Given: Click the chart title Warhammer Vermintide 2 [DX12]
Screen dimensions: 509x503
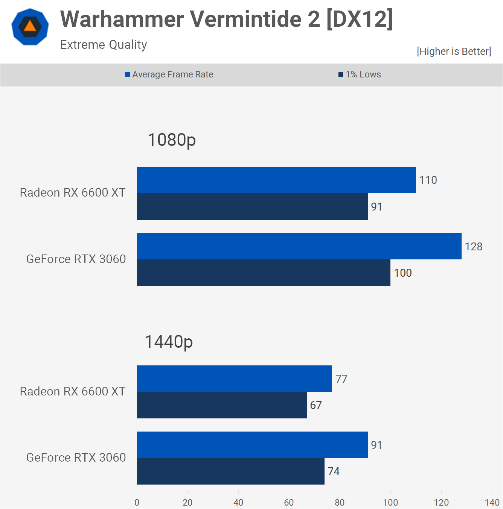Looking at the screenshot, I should [x=226, y=19].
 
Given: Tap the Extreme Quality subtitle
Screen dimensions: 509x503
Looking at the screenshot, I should [x=104, y=45].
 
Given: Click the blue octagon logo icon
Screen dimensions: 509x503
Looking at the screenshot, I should [x=30, y=27].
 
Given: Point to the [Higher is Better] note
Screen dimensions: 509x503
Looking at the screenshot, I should [x=454, y=52].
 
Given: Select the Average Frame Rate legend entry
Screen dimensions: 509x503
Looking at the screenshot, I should [x=169, y=74].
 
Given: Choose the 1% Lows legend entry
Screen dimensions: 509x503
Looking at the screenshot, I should [x=360, y=74].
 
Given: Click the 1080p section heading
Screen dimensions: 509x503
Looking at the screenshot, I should [x=172, y=140].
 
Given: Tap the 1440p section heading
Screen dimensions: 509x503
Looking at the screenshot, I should [x=169, y=342].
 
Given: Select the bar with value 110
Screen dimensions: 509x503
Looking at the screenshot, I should [x=276, y=180].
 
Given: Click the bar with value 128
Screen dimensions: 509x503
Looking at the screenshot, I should [x=299, y=246].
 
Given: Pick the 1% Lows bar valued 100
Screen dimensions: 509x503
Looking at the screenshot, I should [x=264, y=273].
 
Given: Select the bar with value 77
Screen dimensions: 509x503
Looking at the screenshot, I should [x=234, y=379].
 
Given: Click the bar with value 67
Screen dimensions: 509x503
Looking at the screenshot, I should [x=222, y=405].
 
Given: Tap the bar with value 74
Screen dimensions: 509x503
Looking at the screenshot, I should [x=230, y=471].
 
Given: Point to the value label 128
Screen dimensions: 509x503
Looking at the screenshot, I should [x=473, y=247].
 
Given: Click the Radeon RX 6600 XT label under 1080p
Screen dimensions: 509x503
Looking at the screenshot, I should [x=73, y=192].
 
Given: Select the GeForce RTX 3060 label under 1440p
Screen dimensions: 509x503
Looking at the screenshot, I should [x=76, y=457].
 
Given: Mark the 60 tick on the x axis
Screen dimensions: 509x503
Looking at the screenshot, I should [x=289, y=502].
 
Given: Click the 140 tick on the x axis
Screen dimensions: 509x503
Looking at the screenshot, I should [x=492, y=502].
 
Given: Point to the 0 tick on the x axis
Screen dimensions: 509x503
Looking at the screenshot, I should [x=137, y=502].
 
